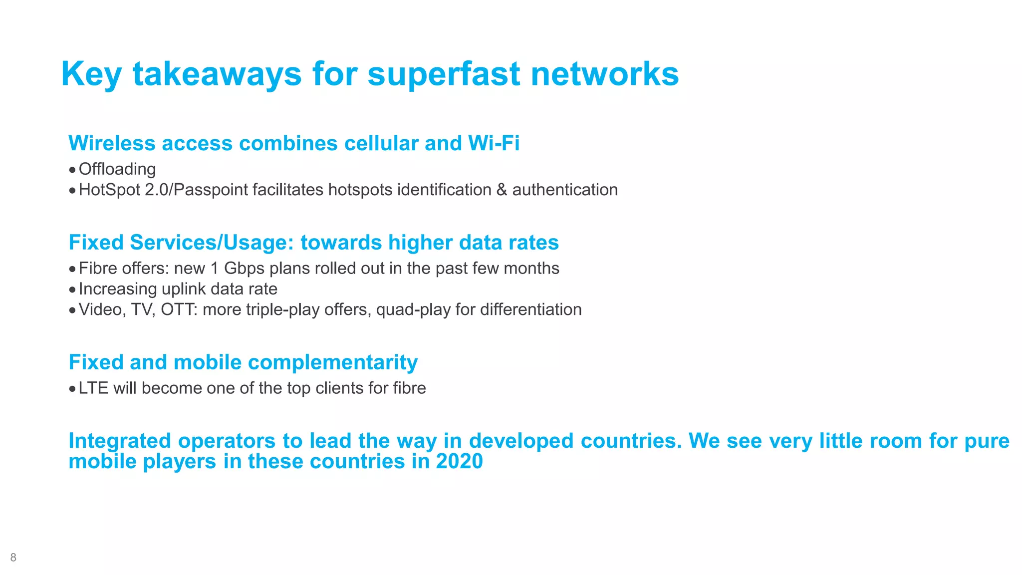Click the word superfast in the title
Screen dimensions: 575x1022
(444, 75)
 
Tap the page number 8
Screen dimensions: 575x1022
(13, 558)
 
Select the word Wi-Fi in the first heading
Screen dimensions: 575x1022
(494, 143)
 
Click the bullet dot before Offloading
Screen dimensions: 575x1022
(73, 170)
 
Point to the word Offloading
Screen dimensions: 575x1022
(117, 169)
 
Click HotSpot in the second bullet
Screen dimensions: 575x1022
(109, 190)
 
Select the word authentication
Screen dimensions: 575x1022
(565, 190)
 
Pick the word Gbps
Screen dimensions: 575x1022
(244, 269)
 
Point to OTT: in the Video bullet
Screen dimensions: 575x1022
(179, 309)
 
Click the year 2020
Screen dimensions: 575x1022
(459, 461)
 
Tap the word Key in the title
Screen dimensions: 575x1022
(91, 75)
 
